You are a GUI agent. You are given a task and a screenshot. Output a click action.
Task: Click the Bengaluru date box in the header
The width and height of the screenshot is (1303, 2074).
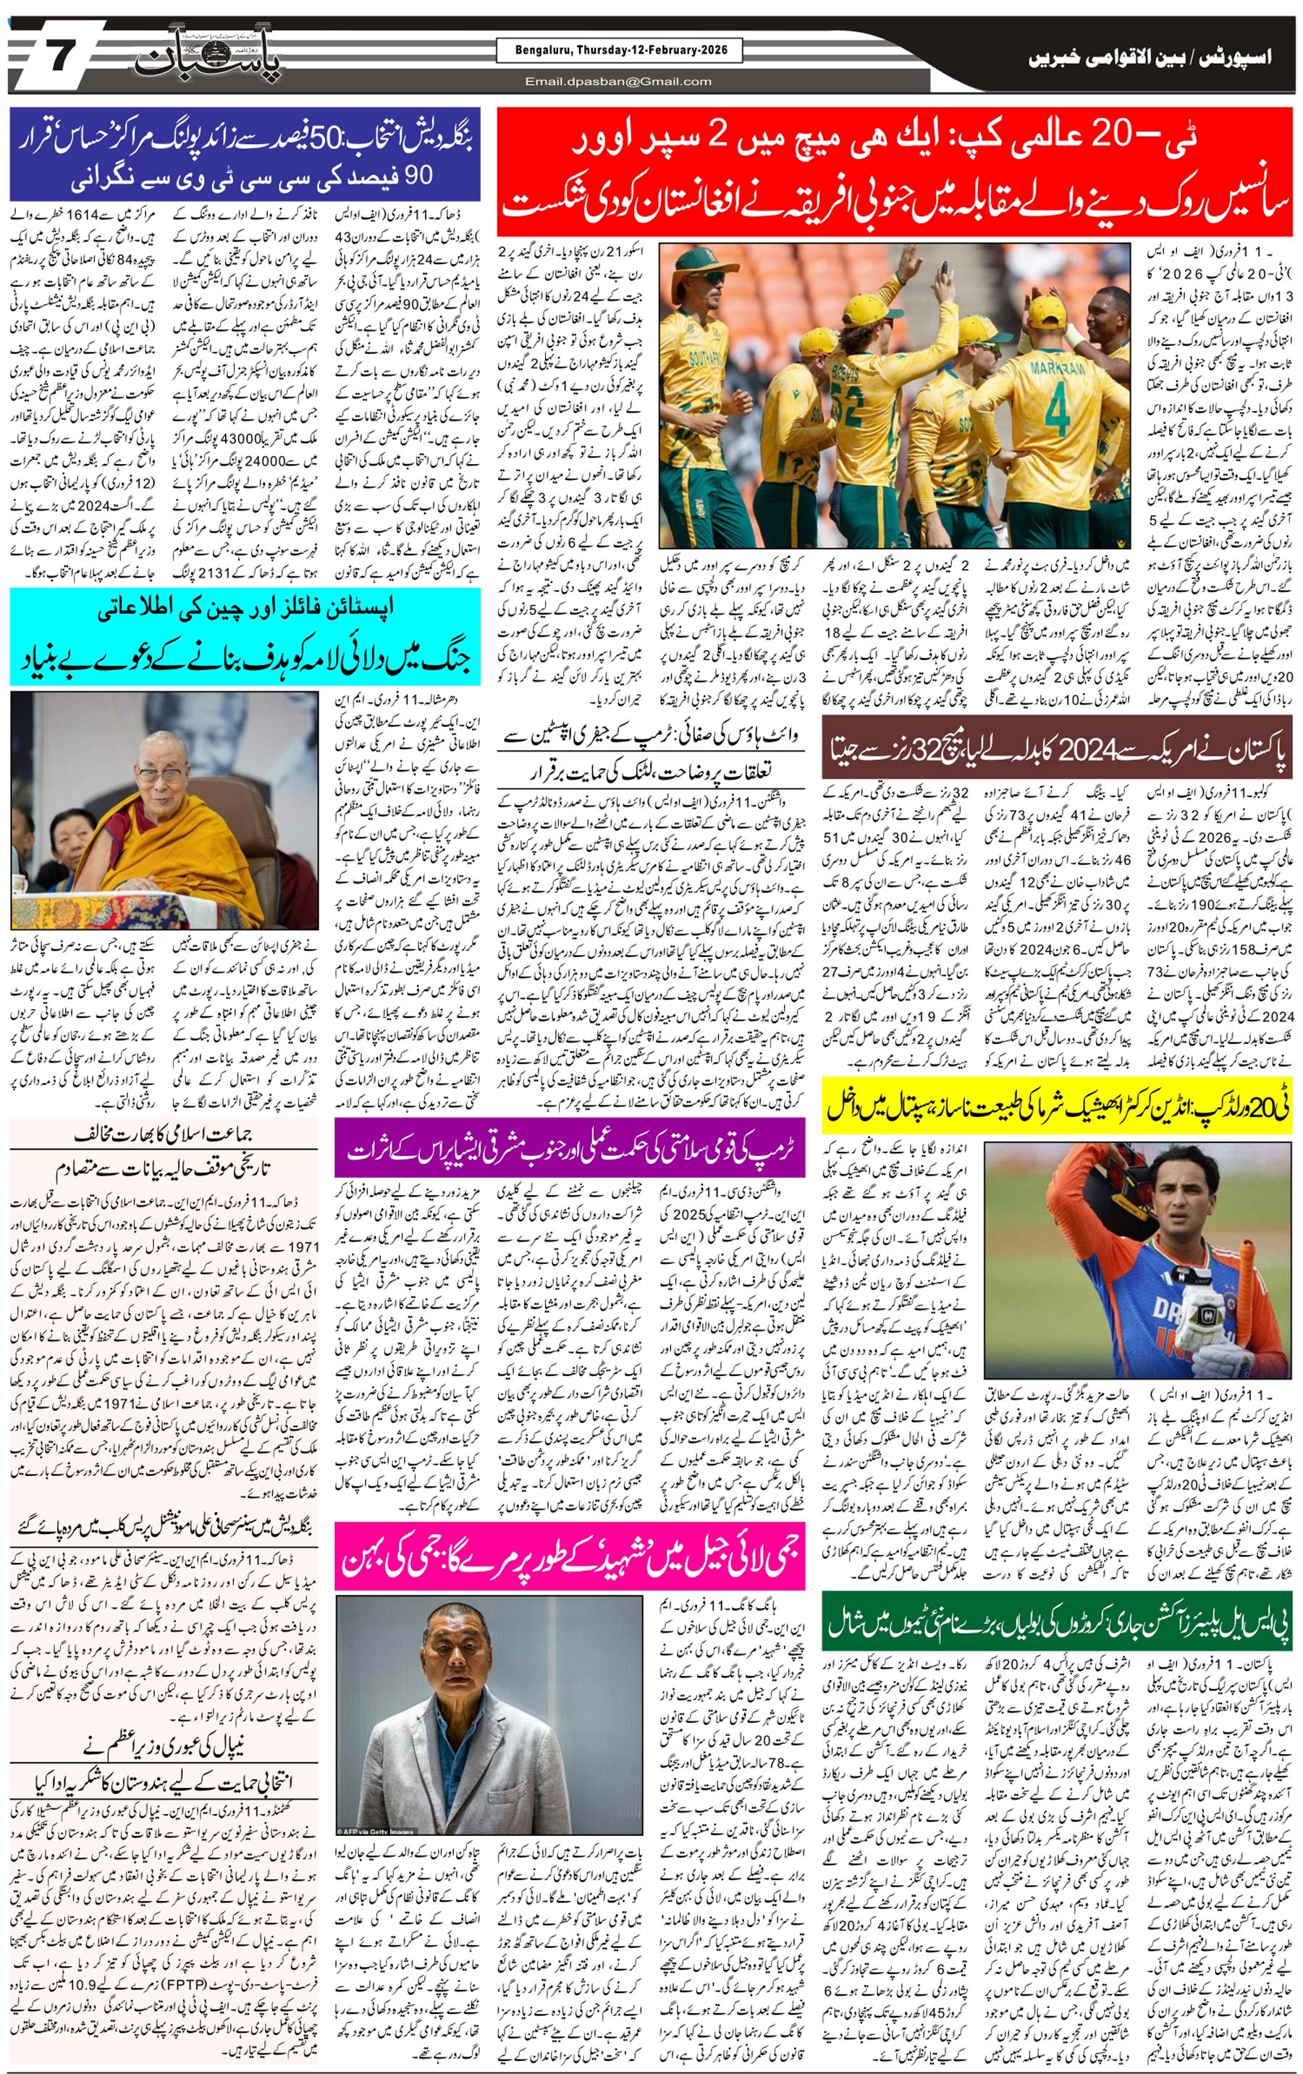(x=618, y=51)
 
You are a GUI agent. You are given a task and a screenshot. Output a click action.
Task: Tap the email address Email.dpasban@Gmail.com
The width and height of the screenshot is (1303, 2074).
(x=618, y=82)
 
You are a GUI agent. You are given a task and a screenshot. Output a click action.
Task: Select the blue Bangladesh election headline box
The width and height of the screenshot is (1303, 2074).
(x=245, y=154)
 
